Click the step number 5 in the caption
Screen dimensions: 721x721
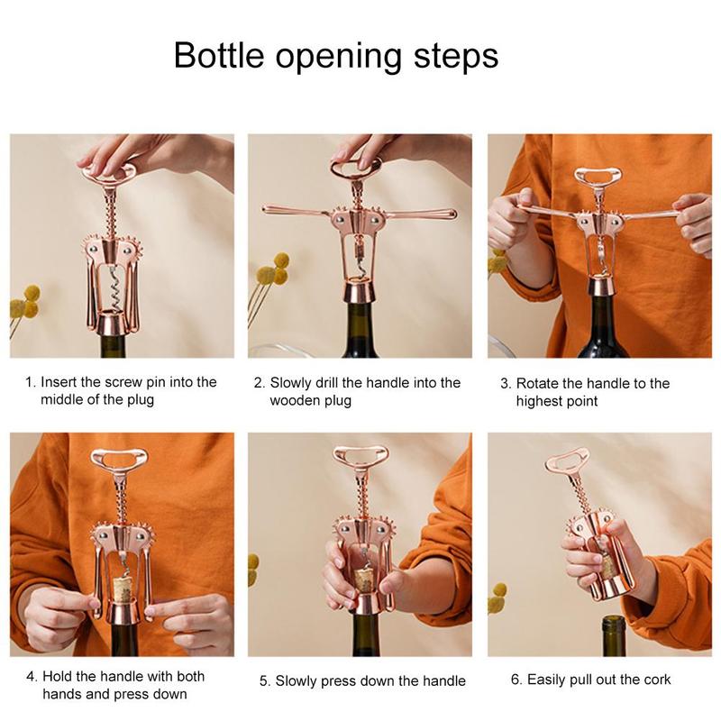coord(263,681)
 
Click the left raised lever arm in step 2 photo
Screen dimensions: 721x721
coord(293,212)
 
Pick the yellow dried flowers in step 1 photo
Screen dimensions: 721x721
coord(26,302)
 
